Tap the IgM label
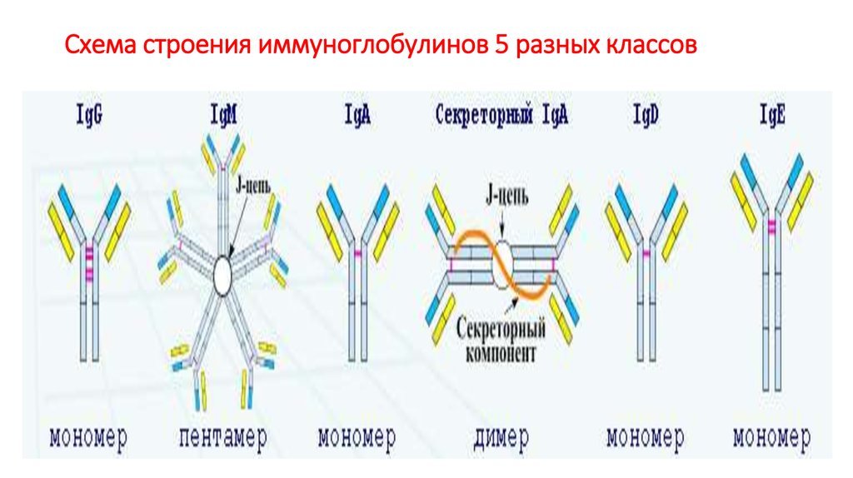tap(223, 115)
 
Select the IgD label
tap(646, 115)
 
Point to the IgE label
tap(772, 115)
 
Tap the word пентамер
tap(223, 437)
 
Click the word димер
tap(501, 437)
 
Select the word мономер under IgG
tap(88, 436)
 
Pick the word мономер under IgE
tap(771, 436)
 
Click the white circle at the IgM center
tap(223, 275)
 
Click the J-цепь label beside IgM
tap(253, 187)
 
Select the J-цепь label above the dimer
tap(506, 197)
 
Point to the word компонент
tap(501, 353)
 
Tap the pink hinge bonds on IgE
tap(772, 227)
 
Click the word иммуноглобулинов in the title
tap(372, 45)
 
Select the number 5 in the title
tap(501, 45)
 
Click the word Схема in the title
tap(101, 45)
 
